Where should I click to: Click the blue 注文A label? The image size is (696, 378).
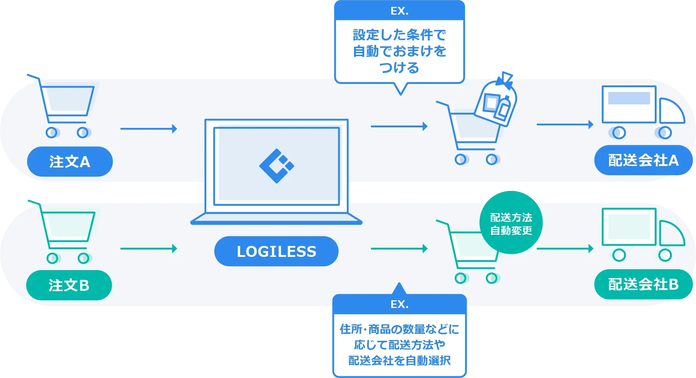coord(70,162)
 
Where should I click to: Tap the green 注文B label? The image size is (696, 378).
coord(69,285)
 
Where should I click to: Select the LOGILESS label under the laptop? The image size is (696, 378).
coord(276,251)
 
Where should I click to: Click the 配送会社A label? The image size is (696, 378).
coord(643,160)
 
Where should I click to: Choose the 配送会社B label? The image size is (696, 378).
coord(643,284)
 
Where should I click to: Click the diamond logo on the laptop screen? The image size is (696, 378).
coord(276,166)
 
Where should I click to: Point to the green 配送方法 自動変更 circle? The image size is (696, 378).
coord(511,223)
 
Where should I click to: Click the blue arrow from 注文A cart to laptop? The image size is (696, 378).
coord(149,128)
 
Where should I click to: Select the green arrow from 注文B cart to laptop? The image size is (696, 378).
coord(149,248)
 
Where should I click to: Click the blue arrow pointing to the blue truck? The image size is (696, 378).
coord(565,124)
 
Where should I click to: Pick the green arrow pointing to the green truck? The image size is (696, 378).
coord(565,248)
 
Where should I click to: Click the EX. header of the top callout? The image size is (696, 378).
coord(400,11)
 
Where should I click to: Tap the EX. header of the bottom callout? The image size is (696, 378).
coord(400,304)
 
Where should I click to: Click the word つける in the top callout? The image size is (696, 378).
coord(400,68)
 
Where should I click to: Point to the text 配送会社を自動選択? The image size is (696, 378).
coord(400,360)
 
